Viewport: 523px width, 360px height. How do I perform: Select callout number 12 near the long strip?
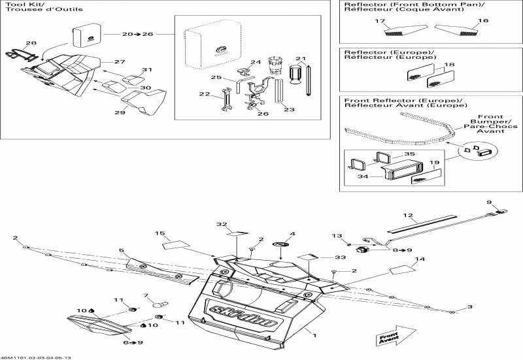408,215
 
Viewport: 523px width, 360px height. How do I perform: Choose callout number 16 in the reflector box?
483,21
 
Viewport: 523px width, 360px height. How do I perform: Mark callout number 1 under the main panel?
314,336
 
